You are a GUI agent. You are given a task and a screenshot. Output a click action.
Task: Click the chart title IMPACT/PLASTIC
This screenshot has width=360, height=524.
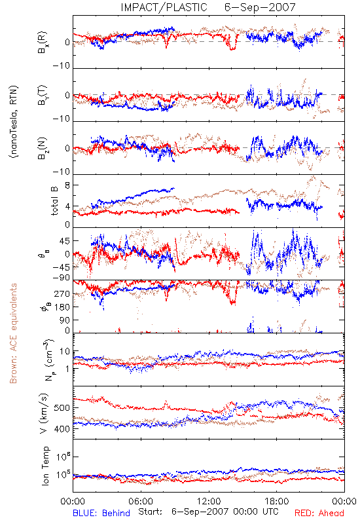164,7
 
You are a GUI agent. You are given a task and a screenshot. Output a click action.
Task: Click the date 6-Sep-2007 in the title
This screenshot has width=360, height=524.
260,7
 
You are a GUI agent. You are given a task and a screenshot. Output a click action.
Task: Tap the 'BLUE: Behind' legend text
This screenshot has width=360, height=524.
101,513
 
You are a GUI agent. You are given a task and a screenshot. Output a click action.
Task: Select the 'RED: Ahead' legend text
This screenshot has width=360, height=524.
319,513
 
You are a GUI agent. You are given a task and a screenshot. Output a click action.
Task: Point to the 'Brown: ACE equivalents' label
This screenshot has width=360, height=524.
13,333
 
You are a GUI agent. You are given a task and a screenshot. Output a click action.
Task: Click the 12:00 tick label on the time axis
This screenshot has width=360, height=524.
209,501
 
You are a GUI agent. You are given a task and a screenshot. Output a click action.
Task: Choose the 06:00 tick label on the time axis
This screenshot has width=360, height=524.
141,501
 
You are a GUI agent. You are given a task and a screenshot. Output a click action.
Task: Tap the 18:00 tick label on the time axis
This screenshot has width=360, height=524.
277,501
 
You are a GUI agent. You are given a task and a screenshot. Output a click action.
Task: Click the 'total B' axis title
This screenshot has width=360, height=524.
54,201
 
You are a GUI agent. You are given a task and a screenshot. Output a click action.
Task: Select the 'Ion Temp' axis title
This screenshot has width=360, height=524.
45,466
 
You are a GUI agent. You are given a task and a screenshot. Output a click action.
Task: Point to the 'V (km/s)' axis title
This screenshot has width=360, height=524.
44,413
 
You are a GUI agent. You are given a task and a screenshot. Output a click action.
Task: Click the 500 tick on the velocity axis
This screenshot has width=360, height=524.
62,407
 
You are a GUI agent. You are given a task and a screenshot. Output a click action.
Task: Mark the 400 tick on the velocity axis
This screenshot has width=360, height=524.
62,429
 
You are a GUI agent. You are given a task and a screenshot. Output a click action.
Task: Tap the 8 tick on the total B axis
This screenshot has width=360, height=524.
67,185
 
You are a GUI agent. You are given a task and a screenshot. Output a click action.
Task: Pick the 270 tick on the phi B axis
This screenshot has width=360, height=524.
62,293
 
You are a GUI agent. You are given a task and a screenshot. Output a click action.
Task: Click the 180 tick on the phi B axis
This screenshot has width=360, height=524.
62,307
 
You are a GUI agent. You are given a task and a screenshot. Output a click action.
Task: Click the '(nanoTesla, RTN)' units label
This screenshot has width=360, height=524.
14,122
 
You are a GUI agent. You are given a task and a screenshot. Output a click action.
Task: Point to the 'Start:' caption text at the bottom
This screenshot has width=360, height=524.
150,512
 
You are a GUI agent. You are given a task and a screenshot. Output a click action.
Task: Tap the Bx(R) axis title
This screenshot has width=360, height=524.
43,43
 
